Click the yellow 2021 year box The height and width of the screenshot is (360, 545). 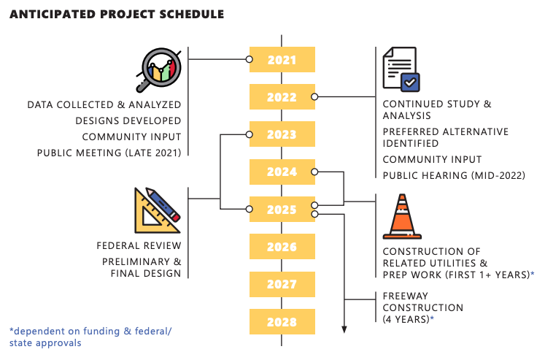coord(282,59)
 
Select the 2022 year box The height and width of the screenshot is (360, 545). coord(282,96)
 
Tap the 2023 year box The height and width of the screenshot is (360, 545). coord(282,134)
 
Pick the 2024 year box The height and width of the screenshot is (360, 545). coord(282,172)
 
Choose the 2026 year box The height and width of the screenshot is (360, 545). coord(282,247)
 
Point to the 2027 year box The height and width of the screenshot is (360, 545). coord(282,284)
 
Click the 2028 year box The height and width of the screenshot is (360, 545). coord(282,322)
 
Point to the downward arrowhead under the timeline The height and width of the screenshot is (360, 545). coord(344,330)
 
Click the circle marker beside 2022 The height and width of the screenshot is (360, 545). coord(314,96)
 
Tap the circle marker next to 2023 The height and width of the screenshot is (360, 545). coord(250,134)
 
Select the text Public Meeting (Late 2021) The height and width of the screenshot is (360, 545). coord(109,153)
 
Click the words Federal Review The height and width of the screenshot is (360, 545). coord(139,245)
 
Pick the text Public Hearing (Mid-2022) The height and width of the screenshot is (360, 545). coord(454,175)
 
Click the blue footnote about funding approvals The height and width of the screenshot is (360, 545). coord(90,337)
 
